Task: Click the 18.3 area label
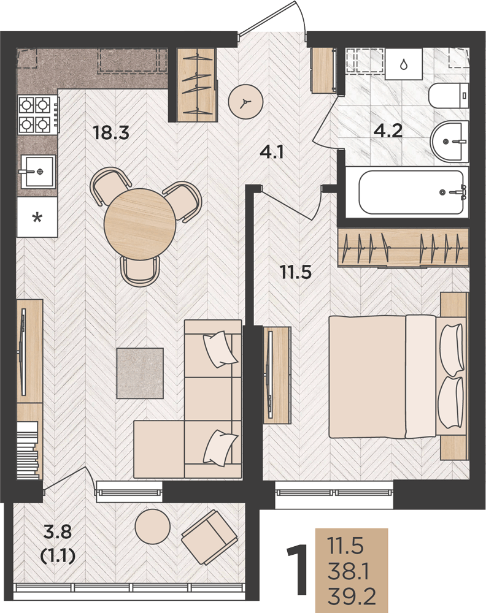tap(111, 132)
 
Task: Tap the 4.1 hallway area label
tap(272, 151)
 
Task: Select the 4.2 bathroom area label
tap(388, 130)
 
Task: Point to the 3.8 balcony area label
tap(58, 531)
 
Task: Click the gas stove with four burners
tap(38, 115)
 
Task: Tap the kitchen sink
tap(38, 172)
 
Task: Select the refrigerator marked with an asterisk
tap(37, 217)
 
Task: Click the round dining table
tap(140, 224)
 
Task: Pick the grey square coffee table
tap(140, 373)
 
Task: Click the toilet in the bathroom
tap(449, 96)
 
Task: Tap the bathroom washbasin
tap(449, 141)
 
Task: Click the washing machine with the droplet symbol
tap(403, 64)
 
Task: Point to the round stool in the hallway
tap(245, 102)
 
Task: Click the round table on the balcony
tap(153, 527)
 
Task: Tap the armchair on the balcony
tap(209, 537)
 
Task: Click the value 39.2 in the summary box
tap(352, 596)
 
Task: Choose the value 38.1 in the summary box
tap(349, 571)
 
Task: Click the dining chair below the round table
tap(140, 271)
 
